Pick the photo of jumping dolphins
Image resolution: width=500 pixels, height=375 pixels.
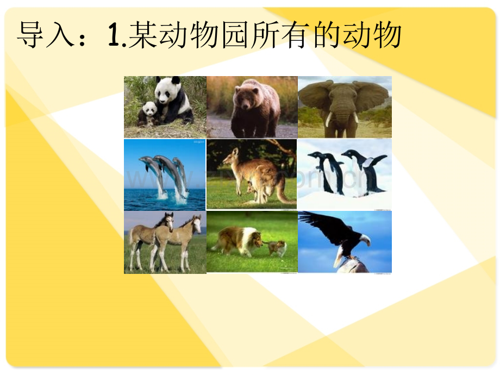165,174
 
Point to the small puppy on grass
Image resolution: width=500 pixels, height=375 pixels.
277,248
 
